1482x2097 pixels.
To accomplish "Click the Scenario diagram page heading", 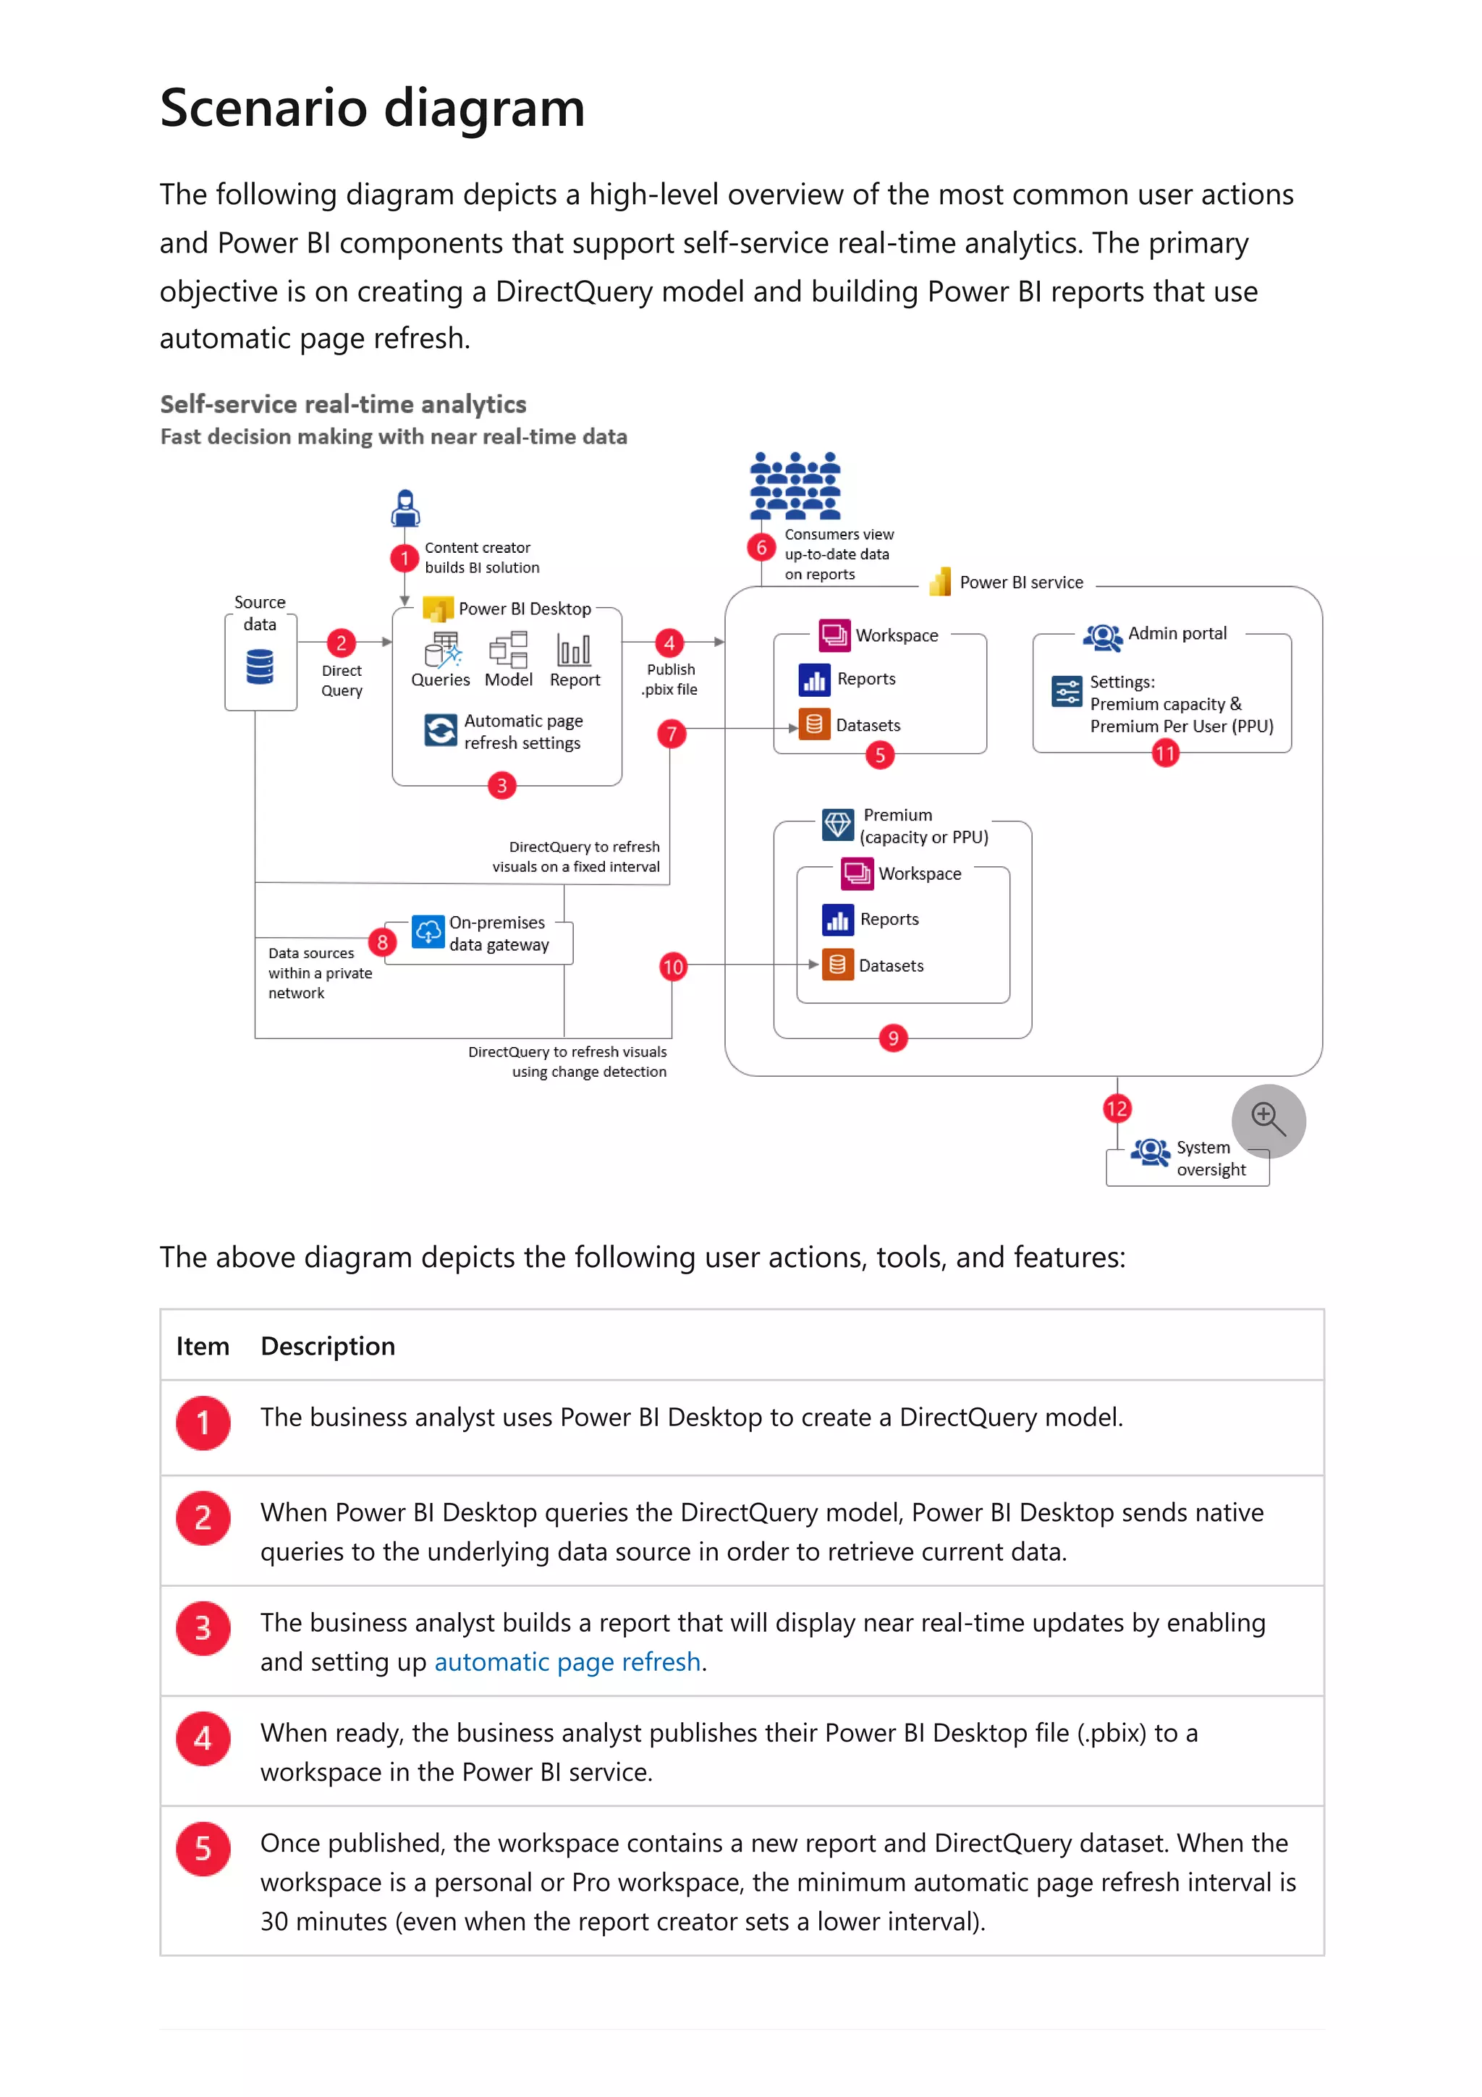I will (372, 108).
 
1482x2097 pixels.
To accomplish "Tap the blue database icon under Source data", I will (259, 666).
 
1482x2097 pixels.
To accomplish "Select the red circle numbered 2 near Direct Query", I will (341, 643).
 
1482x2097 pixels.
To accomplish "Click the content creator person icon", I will (405, 509).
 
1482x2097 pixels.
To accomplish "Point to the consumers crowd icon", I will (795, 486).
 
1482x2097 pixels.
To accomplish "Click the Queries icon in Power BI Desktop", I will (443, 651).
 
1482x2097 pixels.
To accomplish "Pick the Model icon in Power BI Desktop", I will (509, 651).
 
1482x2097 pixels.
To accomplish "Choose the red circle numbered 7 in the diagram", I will (671, 734).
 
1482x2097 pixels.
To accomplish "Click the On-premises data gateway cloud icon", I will (428, 931).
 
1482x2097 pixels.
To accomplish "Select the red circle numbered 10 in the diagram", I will (672, 966).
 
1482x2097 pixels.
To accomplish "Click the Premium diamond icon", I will (837, 825).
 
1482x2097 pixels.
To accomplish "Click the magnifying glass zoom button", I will (1267, 1119).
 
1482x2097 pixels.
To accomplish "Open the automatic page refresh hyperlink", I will (567, 1661).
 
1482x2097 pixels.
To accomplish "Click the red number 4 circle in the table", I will (203, 1738).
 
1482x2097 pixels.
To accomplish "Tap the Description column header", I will (327, 1345).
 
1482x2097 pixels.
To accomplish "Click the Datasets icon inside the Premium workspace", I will (837, 965).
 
